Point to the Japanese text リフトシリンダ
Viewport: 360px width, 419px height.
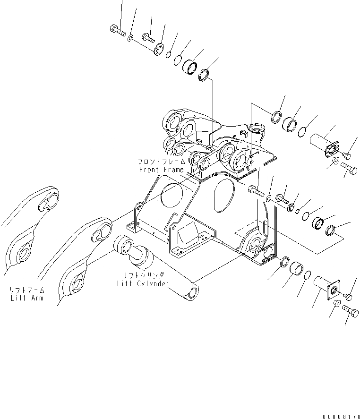142,276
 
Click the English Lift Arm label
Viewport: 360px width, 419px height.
26,299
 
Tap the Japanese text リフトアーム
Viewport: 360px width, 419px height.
26,291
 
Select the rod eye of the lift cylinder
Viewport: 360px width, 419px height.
124,245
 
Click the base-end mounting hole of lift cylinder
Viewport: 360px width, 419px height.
192,294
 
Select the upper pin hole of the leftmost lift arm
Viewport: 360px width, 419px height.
49,202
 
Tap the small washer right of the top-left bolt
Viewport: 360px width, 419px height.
130,36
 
